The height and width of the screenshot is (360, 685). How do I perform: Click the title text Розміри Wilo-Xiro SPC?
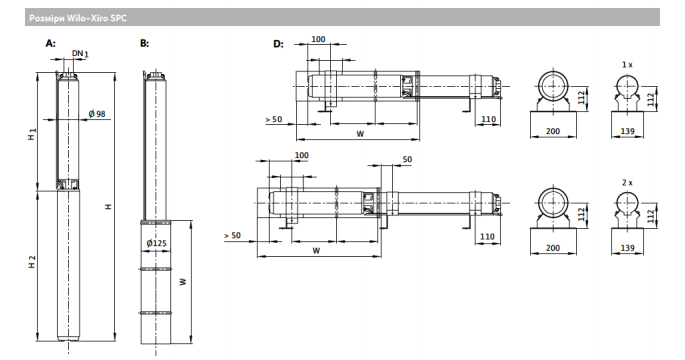pyautogui.click(x=78, y=18)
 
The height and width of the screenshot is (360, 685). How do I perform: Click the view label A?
pyautogui.click(x=51, y=43)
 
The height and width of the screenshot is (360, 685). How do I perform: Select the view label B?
pyautogui.click(x=144, y=43)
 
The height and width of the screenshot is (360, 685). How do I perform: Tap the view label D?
pyautogui.click(x=278, y=44)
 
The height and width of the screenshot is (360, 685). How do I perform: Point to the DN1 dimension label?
pyautogui.click(x=80, y=53)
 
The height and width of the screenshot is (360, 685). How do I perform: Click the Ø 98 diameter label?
pyautogui.click(x=97, y=114)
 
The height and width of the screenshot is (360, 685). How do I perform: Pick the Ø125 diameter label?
pyautogui.click(x=156, y=243)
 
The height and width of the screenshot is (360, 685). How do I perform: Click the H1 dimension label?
pyautogui.click(x=32, y=134)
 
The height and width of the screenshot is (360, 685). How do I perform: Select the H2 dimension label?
pyautogui.click(x=32, y=262)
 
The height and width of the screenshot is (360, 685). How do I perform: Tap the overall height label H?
pyautogui.click(x=108, y=206)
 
